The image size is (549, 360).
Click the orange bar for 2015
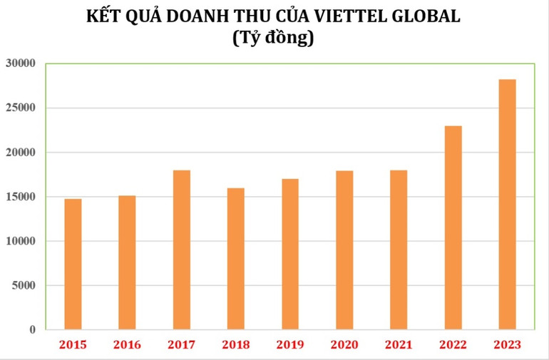point(73,264)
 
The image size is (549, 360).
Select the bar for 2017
point(181,250)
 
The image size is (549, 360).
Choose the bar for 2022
point(453,227)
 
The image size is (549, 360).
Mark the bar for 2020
point(344,250)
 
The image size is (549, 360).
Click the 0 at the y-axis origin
point(32,330)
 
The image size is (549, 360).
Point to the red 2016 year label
point(127,346)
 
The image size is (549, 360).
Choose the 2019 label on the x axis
point(289,346)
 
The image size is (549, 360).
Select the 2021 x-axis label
point(398,346)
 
